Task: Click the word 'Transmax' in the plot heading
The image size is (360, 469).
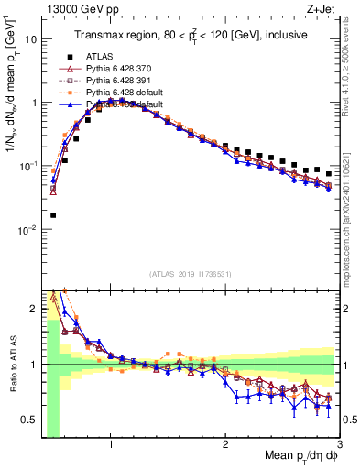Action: pos(98,34)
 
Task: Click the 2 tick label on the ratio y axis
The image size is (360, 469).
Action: pos(33,309)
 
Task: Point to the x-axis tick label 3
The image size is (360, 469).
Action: pos(338,445)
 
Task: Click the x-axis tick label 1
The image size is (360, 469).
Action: pos(111,445)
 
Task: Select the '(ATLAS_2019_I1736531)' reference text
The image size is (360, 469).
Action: pos(191,274)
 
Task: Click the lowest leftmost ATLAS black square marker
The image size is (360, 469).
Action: pos(53,215)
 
